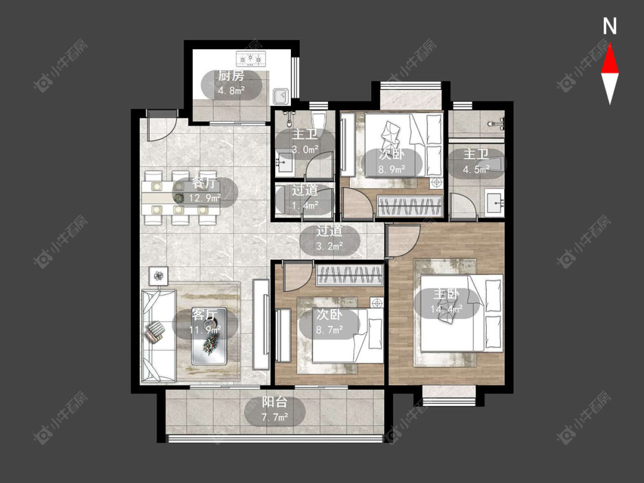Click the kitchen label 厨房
231,76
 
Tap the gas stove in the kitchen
251,59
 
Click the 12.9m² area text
205,199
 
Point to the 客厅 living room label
204,315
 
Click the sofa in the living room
158,336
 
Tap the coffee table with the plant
209,336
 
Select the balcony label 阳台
274,402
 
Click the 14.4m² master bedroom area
447,309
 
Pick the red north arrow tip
610,44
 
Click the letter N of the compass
610,26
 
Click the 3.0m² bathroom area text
305,149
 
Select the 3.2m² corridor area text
330,247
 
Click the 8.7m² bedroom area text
329,330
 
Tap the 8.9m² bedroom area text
392,169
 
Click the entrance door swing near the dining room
162,126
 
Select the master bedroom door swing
403,241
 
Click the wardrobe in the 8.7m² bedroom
350,275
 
